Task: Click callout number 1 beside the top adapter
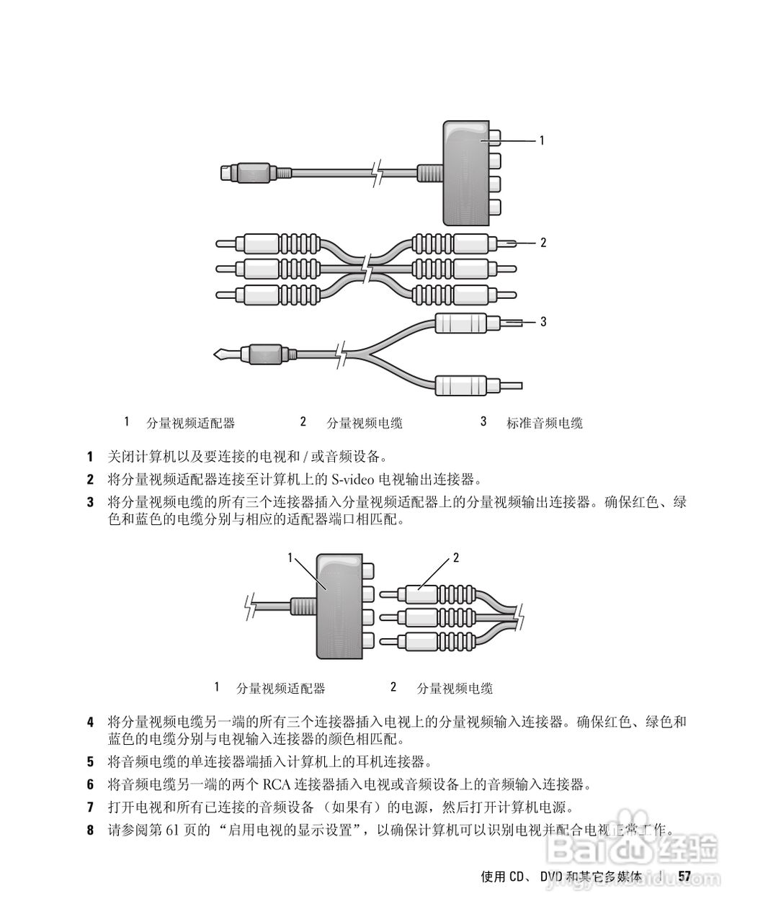coord(542,140)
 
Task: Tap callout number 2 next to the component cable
coord(543,243)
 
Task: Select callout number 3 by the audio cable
coord(543,321)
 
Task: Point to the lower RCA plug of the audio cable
coord(468,385)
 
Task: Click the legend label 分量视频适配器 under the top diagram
coord(190,424)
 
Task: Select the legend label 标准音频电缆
coord(544,424)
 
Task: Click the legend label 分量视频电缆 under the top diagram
coord(364,424)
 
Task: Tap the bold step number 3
coord(90,501)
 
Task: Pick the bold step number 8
coord(90,831)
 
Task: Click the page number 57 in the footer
coord(684,876)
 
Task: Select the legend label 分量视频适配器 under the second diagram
coord(280,689)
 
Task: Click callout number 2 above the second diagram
coord(455,558)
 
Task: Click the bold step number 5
coord(90,761)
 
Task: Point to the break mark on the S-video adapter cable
coord(376,174)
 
